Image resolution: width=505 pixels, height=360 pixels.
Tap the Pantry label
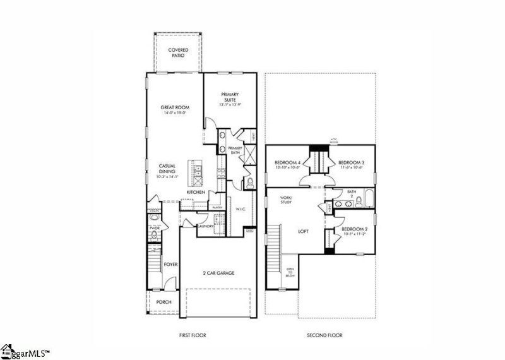(218, 207)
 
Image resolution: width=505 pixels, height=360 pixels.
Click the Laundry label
(206, 225)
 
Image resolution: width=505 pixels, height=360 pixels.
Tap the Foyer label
(170, 265)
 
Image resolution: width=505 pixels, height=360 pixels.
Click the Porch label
(163, 302)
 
